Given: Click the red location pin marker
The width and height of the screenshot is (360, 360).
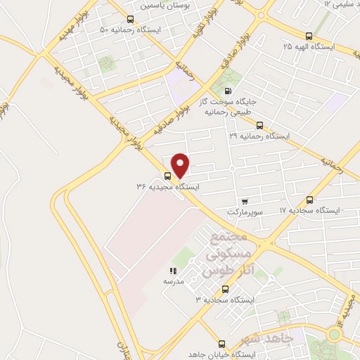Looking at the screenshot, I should pyautogui.click(x=181, y=165).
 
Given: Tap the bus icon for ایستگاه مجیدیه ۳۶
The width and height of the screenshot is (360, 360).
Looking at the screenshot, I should pyautogui.click(x=168, y=176).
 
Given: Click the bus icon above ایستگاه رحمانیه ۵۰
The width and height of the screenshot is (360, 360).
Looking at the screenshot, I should pyautogui.click(x=129, y=20).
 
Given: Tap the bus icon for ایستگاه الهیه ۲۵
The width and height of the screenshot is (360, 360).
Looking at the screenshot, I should pyautogui.click(x=309, y=35).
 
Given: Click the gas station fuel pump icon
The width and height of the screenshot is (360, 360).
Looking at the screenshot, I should pyautogui.click(x=226, y=91).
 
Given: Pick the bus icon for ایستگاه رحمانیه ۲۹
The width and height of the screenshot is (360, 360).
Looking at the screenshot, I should pyautogui.click(x=259, y=124).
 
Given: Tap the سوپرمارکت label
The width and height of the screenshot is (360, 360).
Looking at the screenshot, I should pyautogui.click(x=244, y=212).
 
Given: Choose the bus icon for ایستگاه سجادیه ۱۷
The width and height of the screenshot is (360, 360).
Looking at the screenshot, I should pyautogui.click(x=310, y=200).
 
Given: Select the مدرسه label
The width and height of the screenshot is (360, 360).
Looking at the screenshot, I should pyautogui.click(x=173, y=281).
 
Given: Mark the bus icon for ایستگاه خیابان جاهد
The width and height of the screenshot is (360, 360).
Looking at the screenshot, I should pyautogui.click(x=221, y=345).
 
